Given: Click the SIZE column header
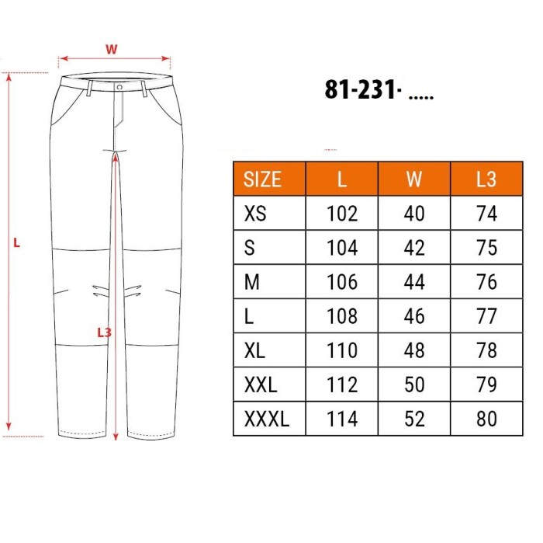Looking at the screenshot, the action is click(x=262, y=179).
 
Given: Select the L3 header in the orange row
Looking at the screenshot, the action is click(x=486, y=179).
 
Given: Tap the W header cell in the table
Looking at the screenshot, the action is click(x=414, y=179).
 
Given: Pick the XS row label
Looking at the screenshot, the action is click(x=255, y=214).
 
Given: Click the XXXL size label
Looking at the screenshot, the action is click(x=267, y=419).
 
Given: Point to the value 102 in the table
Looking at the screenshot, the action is click(x=342, y=214).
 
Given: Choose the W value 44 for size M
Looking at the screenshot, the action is click(x=414, y=282).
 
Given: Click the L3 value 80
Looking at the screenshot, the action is click(x=486, y=419).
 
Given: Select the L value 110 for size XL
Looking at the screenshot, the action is click(x=342, y=350).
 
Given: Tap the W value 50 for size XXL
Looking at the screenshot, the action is click(x=414, y=385).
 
